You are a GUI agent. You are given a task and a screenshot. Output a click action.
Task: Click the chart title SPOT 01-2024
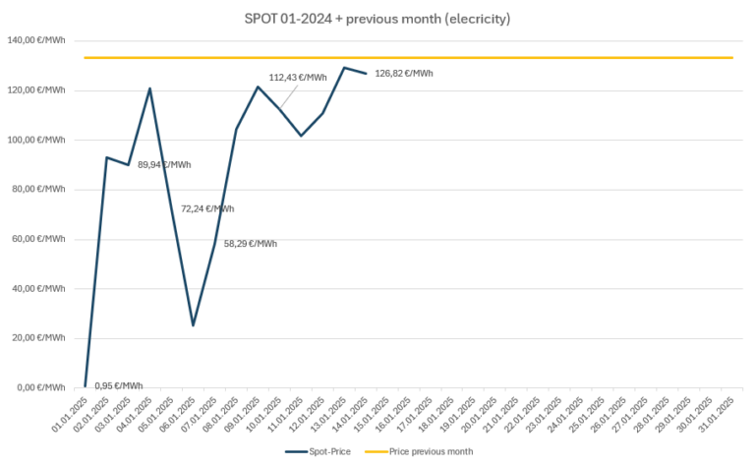pos(377,19)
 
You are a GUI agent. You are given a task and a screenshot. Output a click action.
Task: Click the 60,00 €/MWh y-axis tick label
pos(38,239)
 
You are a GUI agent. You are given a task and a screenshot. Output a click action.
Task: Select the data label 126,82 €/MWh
pos(404,73)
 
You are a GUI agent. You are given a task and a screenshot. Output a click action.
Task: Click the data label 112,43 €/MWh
pos(298,78)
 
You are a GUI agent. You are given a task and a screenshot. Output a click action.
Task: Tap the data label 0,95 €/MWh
pos(118,385)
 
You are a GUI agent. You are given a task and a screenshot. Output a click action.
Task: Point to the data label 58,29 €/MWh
pos(251,244)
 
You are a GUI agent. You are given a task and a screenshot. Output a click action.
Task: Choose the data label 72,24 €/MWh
pos(207,208)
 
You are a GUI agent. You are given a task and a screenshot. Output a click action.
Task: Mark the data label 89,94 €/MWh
pos(165,165)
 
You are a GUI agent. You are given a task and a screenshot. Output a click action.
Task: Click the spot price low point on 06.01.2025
pos(194,325)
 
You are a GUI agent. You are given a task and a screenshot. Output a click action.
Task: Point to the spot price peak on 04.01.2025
pos(150,88)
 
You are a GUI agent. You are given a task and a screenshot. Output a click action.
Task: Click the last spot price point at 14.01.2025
pos(366,74)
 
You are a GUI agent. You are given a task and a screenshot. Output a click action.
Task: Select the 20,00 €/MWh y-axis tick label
pos(38,338)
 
